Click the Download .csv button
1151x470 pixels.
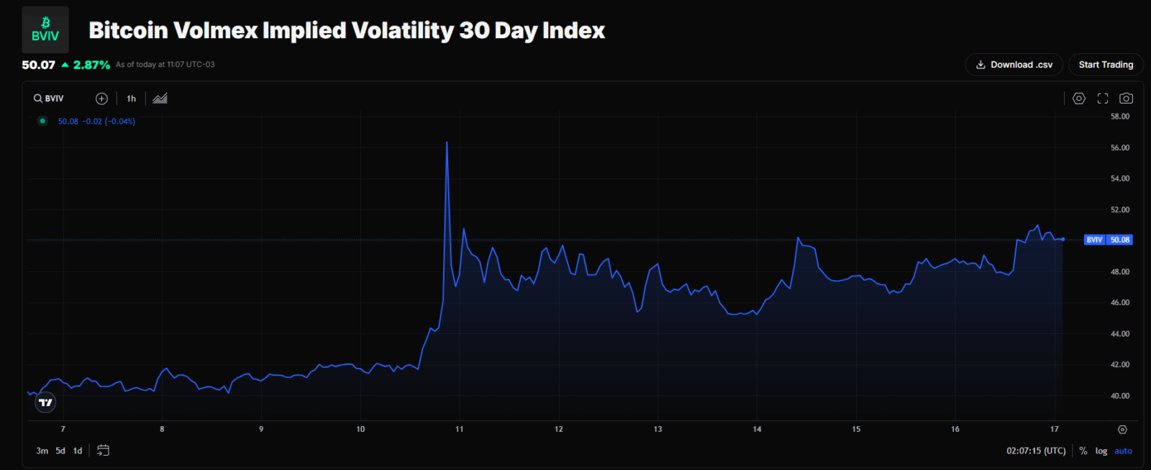pyautogui.click(x=1014, y=65)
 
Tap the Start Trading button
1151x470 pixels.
pyautogui.click(x=1106, y=65)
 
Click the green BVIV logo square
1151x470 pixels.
pyautogui.click(x=45, y=30)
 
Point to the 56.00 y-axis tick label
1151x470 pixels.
pyautogui.click(x=1119, y=148)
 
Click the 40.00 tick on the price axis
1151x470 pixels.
pyautogui.click(x=1119, y=396)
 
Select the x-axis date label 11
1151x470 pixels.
pyautogui.click(x=460, y=429)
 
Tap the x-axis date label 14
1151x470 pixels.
pyautogui.click(x=757, y=429)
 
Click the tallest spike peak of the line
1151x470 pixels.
pyautogui.click(x=447, y=143)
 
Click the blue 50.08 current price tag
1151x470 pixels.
pyautogui.click(x=1119, y=240)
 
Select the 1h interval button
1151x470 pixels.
pyautogui.click(x=131, y=99)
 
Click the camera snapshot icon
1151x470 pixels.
pyautogui.click(x=1127, y=99)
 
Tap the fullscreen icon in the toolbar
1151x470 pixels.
pyautogui.click(x=1103, y=99)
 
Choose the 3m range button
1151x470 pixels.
pyautogui.click(x=42, y=451)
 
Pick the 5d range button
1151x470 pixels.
pyautogui.click(x=60, y=451)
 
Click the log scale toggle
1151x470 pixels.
pyautogui.click(x=1101, y=451)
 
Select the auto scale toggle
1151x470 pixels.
pyautogui.click(x=1123, y=451)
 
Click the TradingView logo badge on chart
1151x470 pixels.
pyautogui.click(x=45, y=402)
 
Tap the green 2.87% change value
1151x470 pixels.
pyautogui.click(x=91, y=65)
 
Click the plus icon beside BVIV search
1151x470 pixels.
pyautogui.click(x=101, y=99)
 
